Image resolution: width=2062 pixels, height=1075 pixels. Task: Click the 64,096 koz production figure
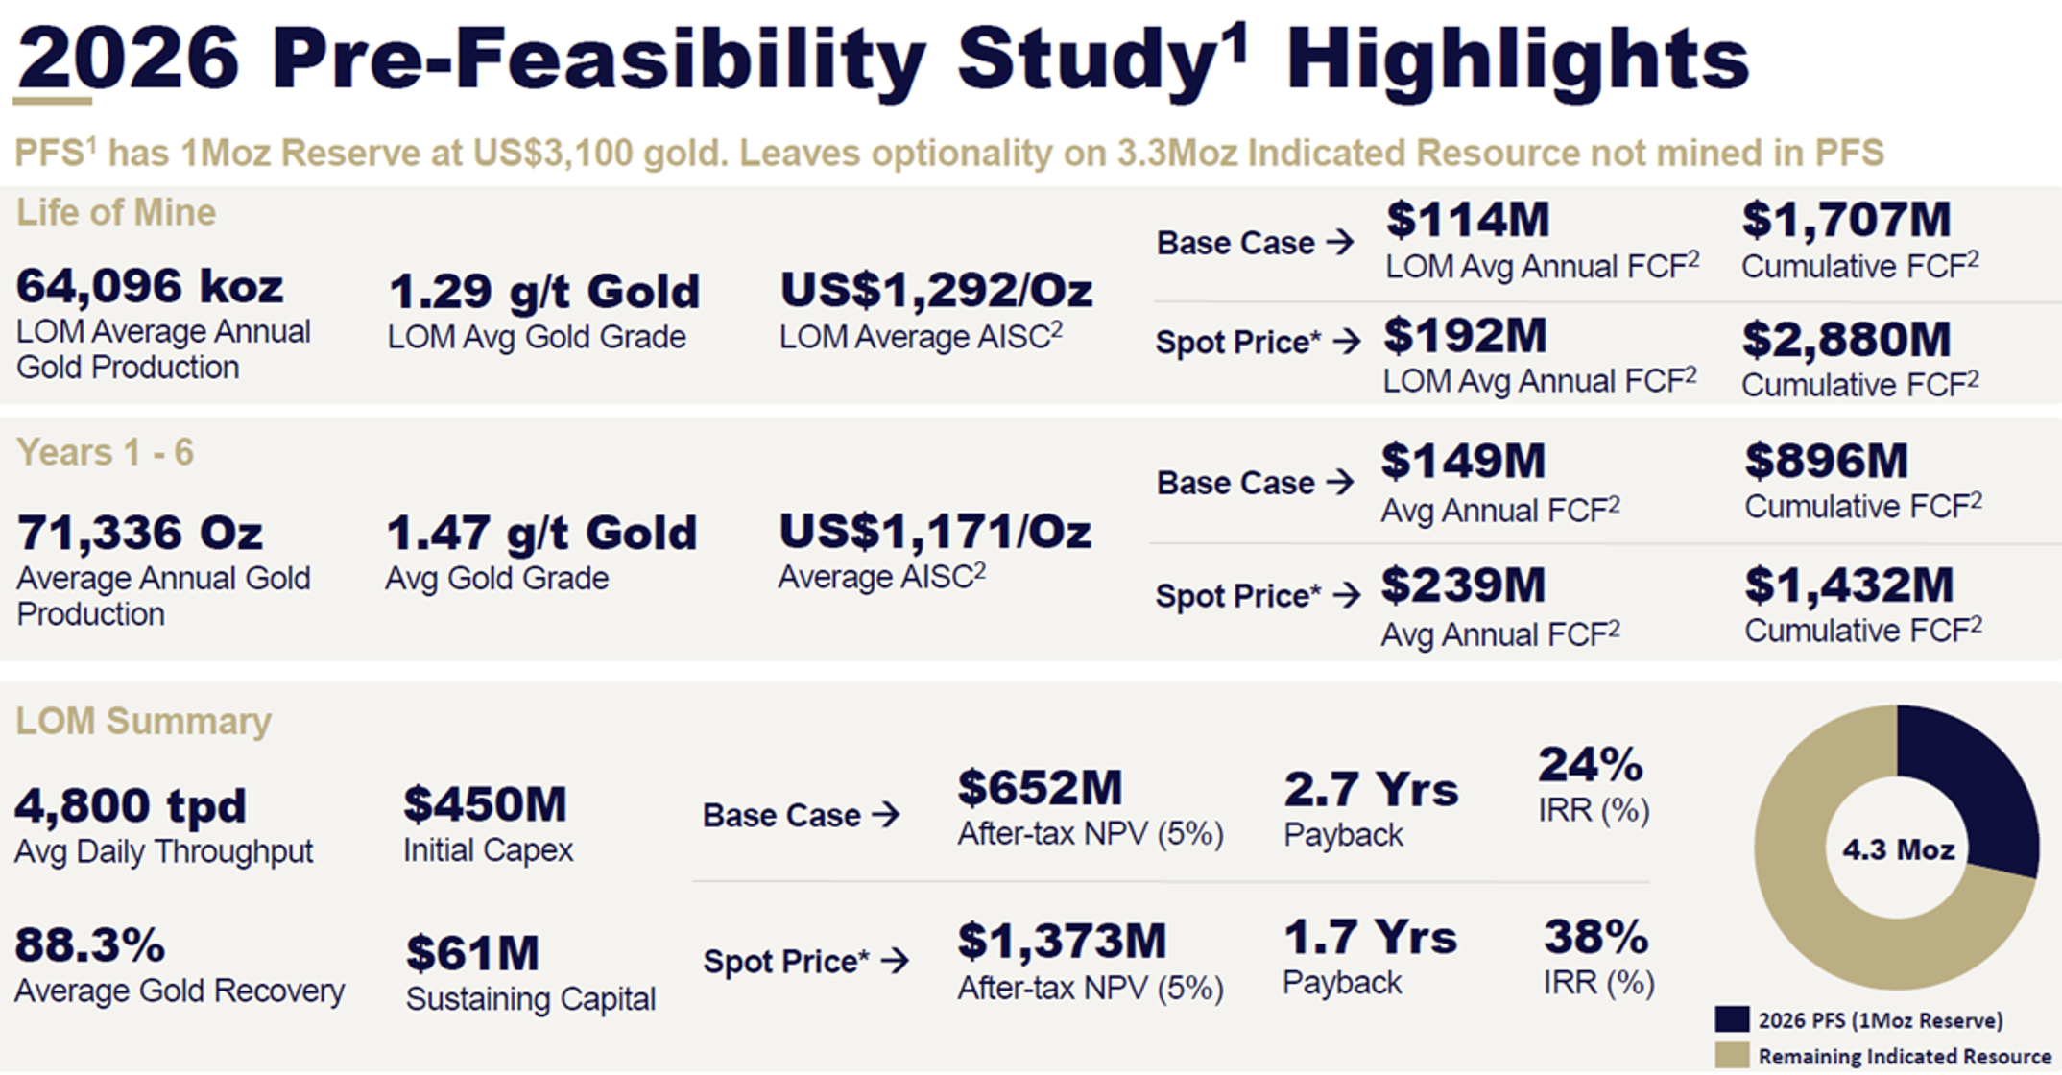(150, 285)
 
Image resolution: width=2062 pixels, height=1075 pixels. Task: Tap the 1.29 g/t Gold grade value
(544, 292)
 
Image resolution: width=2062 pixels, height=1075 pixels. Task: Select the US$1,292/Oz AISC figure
(936, 290)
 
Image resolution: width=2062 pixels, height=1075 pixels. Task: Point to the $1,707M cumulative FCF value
(1847, 220)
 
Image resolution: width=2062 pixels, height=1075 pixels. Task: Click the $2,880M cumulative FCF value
(1847, 339)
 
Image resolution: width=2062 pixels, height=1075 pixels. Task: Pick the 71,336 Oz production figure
(140, 532)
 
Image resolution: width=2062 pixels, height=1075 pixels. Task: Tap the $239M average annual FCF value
(1463, 585)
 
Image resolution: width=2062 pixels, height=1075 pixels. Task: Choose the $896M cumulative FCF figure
(1827, 461)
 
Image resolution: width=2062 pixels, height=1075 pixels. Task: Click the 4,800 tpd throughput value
(131, 804)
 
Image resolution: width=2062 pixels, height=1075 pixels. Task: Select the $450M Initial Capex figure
(486, 804)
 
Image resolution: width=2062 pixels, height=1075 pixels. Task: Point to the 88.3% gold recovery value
(90, 944)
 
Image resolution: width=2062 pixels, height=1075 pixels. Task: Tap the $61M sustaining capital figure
(472, 953)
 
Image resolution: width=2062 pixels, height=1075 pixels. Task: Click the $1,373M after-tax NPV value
(1062, 941)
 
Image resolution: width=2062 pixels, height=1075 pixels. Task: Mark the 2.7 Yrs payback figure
(1371, 789)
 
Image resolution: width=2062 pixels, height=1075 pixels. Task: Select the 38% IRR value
(1596, 937)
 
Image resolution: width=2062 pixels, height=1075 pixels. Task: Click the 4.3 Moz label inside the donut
(1898, 849)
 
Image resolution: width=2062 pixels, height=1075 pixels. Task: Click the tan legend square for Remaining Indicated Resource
(1732, 1055)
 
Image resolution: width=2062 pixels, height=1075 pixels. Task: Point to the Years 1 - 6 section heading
(105, 452)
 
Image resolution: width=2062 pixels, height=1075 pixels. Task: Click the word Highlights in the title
(1518, 60)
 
